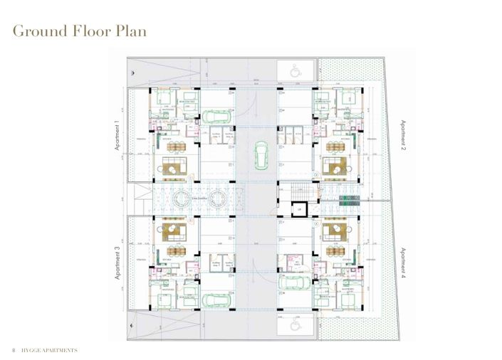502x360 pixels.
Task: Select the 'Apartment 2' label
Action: [x=402, y=139]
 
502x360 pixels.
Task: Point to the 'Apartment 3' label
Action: [x=117, y=263]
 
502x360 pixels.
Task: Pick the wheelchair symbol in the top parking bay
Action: [x=296, y=70]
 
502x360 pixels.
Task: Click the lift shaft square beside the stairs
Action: [x=300, y=209]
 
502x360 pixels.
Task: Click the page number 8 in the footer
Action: [x=13, y=351]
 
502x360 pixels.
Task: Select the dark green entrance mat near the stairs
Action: [x=350, y=201]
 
